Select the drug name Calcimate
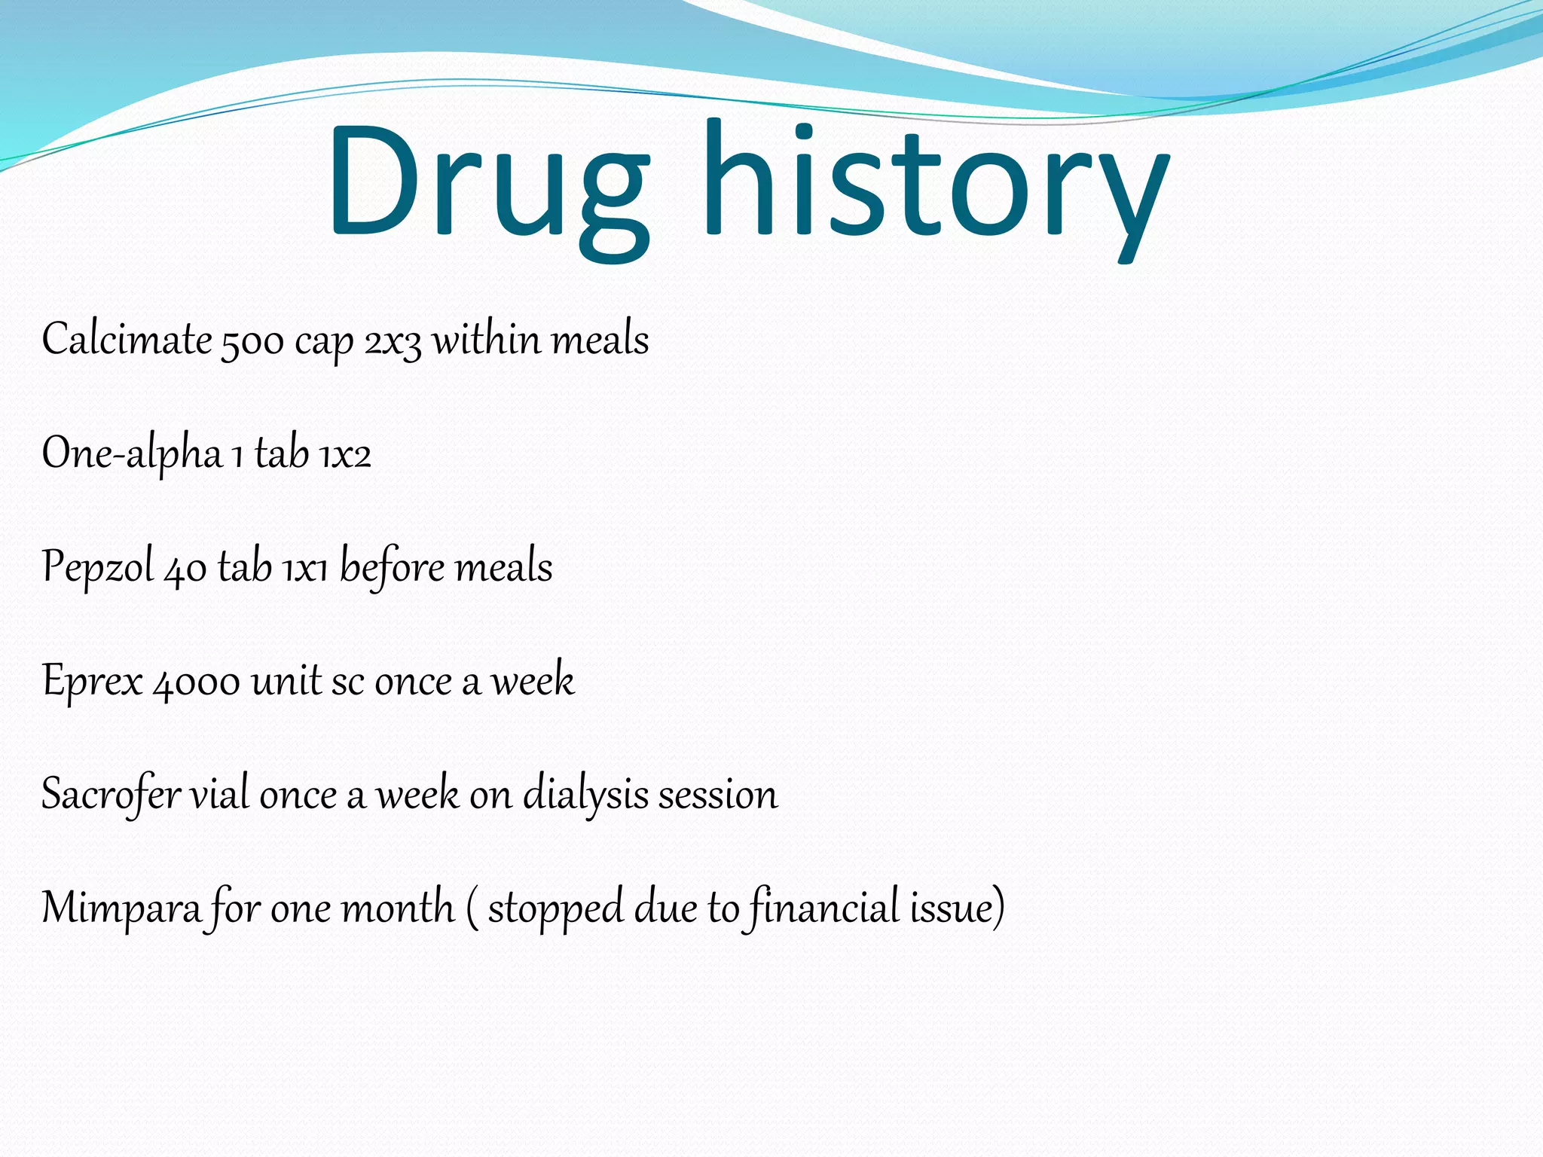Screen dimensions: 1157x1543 click(127, 340)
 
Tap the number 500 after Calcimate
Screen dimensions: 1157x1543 click(252, 341)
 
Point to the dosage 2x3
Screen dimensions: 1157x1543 click(393, 341)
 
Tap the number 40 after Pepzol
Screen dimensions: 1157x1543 click(185, 569)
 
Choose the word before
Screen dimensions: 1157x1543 click(392, 566)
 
